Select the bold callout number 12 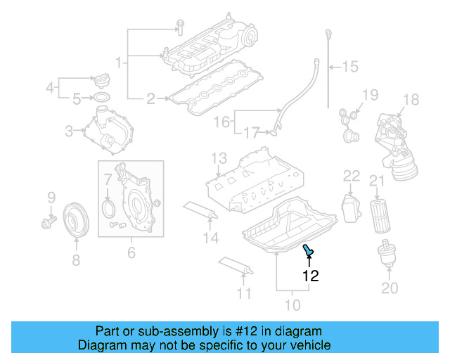point(310,276)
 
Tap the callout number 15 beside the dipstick point(349,67)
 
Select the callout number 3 point(69,130)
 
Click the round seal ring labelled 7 point(108,209)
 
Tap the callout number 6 point(131,252)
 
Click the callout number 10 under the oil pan point(291,305)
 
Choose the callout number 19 point(370,95)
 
